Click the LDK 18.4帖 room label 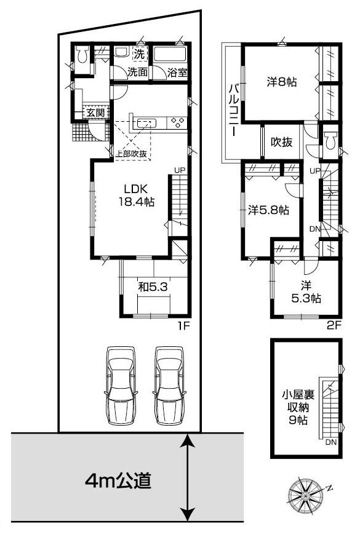(x=137, y=194)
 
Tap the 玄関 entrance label (x=95, y=113)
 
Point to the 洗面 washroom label (x=137, y=72)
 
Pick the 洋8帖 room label (x=282, y=81)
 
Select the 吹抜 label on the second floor (x=282, y=141)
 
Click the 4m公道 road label (x=118, y=480)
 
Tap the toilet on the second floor (x=331, y=141)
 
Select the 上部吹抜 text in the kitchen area (x=131, y=154)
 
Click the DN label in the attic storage (x=330, y=442)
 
